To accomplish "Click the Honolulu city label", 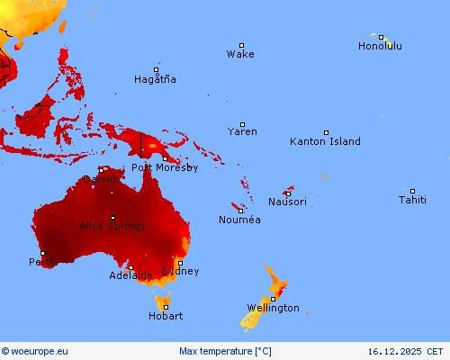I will pos(380,46).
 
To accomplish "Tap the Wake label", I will pos(240,54).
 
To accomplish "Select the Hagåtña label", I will pos(155,79).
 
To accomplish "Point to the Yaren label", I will pos(242,131).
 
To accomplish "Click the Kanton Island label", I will pos(325,141).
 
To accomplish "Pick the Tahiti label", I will pos(413,200).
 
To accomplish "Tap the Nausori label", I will pos(288,202).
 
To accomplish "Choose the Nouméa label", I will pos(240,220).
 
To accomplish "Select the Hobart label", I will pos(166,316).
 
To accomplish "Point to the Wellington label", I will pos(273,308).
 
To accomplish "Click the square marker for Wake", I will pos(241,45).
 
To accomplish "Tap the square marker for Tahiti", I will pos(413,191).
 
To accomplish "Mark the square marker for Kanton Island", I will pos(326,132).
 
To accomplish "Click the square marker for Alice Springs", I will pos(112,218).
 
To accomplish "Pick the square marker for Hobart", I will pos(166,307).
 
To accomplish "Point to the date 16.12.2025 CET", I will pos(406,351).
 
